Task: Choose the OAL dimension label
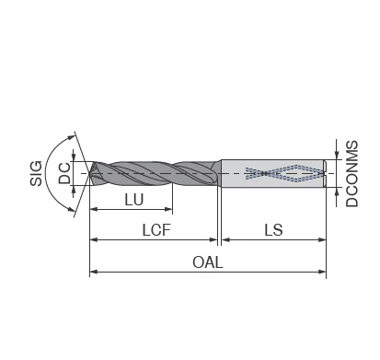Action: pos(208,261)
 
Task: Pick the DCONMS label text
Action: pos(351,173)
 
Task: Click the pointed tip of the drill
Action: pos(90,173)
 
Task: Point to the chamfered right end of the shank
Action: pos(327,173)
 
